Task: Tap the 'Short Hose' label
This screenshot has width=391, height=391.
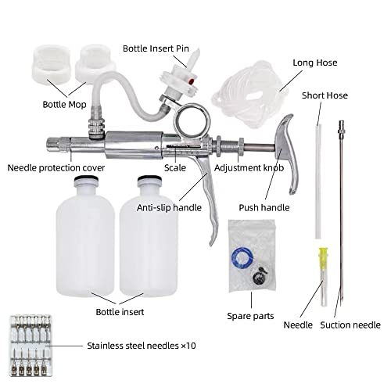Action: point(324,95)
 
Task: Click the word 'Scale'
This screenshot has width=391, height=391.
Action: point(174,167)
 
